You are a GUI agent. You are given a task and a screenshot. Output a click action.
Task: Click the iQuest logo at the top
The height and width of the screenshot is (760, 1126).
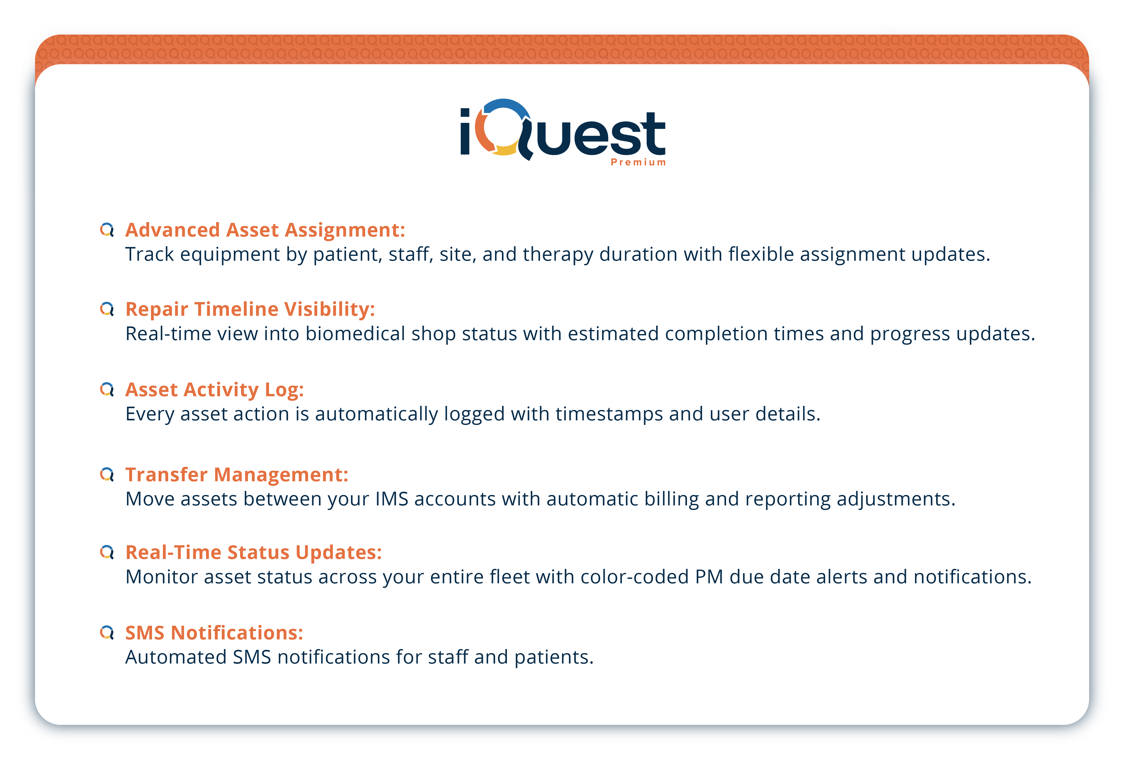563,132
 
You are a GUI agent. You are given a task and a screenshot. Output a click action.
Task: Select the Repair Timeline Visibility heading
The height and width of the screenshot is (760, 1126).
250,309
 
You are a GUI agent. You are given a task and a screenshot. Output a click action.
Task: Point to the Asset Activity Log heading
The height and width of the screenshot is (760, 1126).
215,390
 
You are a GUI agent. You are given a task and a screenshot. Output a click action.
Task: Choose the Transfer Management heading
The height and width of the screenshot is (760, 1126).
237,474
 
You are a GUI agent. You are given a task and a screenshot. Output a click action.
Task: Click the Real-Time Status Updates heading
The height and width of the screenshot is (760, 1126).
254,553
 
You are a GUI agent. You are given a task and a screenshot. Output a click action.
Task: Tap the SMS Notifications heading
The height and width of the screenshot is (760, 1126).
214,633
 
